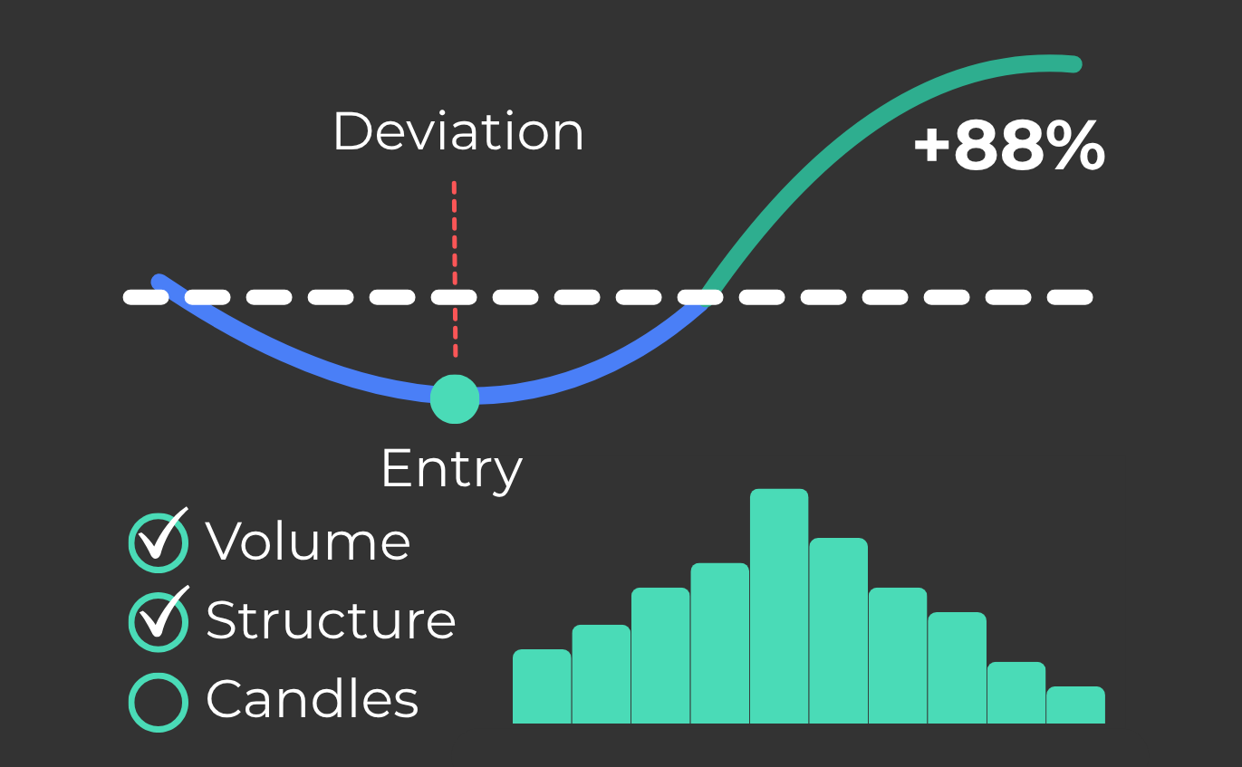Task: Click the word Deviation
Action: (458, 132)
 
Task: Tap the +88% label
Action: (1008, 147)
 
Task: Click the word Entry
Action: (451, 468)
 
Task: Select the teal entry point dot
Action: (454, 398)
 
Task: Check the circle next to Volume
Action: (159, 543)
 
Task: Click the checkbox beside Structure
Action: (159, 622)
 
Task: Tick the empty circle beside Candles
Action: (159, 702)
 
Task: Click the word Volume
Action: (308, 542)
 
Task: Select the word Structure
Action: (331, 620)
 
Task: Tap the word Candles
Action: (313, 700)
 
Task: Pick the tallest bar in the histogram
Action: (779, 607)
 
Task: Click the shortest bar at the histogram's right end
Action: (1075, 705)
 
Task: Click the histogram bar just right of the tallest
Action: (838, 631)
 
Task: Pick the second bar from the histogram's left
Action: (601, 675)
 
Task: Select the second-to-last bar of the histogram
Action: (1016, 693)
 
